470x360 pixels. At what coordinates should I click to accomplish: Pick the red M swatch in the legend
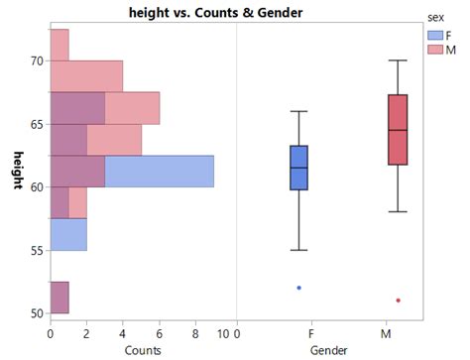[434, 49]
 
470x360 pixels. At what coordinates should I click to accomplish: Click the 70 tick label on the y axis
[37, 60]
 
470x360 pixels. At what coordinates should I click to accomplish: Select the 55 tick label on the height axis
[37, 250]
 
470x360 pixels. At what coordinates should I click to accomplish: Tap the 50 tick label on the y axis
[37, 313]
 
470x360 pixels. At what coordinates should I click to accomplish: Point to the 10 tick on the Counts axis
[227, 334]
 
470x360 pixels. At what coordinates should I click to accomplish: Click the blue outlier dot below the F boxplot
[298, 288]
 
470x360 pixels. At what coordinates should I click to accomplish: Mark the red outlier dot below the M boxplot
[398, 300]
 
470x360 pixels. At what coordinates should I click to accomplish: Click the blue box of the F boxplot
[298, 168]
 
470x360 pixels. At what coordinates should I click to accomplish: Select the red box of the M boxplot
[398, 130]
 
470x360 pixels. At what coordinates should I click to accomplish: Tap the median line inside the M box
[398, 130]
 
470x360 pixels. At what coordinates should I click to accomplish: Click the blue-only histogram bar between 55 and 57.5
[68, 234]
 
